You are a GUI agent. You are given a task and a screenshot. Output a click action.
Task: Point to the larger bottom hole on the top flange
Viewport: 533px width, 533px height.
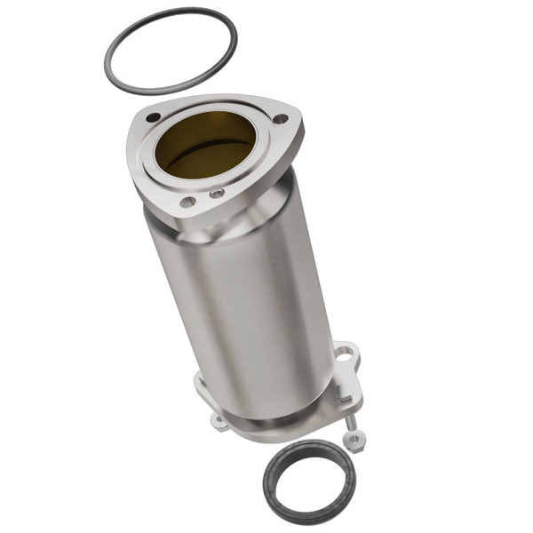coord(187,202)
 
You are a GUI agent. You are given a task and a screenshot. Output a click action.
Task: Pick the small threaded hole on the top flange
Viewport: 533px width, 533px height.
coord(217,193)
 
